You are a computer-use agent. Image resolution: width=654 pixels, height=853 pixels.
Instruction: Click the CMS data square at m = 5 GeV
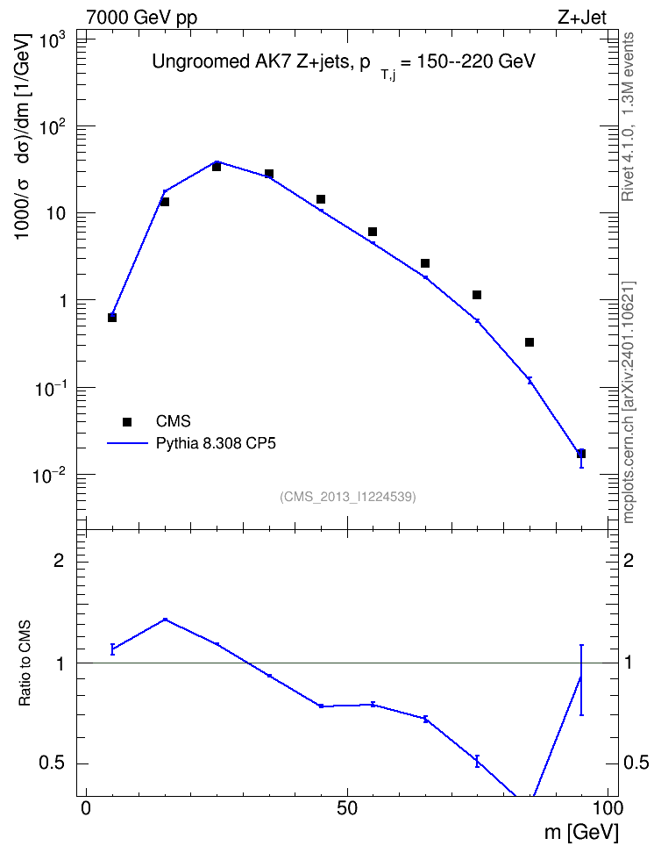[112, 317]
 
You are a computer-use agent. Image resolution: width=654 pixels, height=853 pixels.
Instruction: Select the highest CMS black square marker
[217, 167]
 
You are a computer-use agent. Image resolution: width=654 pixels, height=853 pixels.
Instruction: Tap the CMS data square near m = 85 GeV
[530, 342]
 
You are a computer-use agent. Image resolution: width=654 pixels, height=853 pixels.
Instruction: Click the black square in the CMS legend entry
[127, 421]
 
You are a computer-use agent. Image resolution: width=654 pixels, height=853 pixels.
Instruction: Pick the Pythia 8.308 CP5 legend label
[216, 443]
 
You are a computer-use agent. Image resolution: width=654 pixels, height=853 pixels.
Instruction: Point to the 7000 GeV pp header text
[141, 18]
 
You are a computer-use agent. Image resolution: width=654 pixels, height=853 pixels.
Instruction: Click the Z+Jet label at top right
[582, 18]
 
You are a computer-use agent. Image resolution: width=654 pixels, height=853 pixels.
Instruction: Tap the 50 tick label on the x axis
[347, 808]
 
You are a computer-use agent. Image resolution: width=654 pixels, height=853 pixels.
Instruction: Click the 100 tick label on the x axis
[608, 808]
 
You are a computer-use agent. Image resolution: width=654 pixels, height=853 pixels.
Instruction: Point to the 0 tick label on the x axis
[86, 808]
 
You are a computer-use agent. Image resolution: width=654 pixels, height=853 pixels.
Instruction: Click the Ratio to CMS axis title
[25, 663]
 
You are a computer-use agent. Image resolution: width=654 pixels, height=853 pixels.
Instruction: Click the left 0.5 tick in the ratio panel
[52, 763]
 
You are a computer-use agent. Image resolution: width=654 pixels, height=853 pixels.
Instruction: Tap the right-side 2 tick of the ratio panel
[629, 560]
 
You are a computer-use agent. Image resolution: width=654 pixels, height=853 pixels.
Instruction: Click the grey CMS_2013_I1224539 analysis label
[348, 497]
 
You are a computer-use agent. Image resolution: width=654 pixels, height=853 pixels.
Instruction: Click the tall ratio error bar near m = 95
[581, 680]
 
